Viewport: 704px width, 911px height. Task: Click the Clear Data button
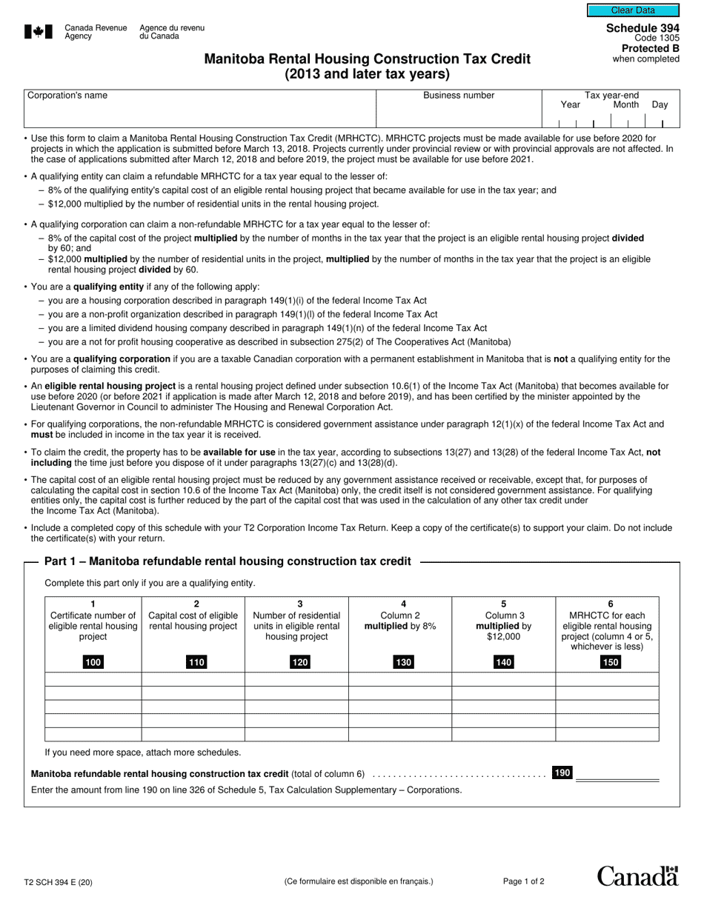(633, 10)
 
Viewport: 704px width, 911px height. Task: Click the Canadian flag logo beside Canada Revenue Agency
(39, 32)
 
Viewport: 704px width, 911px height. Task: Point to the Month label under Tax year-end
(625, 105)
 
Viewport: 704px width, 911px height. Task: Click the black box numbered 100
(93, 662)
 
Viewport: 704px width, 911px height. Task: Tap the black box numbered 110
(196, 662)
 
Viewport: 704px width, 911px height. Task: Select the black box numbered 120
(299, 662)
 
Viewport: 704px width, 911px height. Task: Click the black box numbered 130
(403, 662)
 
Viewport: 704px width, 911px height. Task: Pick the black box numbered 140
(503, 662)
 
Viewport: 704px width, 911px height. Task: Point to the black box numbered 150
(610, 662)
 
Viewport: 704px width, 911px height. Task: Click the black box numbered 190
(562, 772)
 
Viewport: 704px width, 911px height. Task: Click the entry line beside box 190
(617, 775)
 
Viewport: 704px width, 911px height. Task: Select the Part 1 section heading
(228, 561)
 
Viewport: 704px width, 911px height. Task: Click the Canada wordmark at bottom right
(637, 876)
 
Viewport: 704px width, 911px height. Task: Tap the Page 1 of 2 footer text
(523, 881)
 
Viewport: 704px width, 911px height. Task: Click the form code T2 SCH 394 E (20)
(59, 882)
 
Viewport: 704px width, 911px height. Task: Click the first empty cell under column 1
(93, 679)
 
